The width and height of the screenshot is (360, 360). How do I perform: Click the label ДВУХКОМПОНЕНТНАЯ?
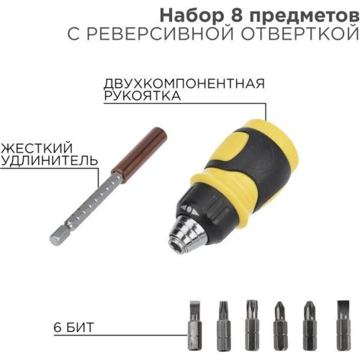click(x=184, y=84)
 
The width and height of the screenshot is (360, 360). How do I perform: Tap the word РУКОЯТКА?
click(x=142, y=96)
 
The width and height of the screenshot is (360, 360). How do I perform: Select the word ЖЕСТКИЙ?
click(x=37, y=148)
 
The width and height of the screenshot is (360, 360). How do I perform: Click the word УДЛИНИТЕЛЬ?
click(x=49, y=161)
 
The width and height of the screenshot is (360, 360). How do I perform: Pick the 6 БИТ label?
click(x=73, y=328)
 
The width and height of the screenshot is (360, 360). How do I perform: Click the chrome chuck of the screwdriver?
click(x=189, y=233)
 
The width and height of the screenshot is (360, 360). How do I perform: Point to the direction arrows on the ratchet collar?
click(x=189, y=209)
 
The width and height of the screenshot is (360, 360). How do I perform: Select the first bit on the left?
click(x=194, y=325)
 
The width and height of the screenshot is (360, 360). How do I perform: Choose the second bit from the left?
click(x=224, y=325)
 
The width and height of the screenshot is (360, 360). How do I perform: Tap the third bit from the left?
click(x=252, y=325)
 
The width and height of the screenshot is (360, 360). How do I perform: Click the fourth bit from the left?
click(x=280, y=325)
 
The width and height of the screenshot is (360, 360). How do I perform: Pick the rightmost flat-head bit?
click(x=343, y=325)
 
